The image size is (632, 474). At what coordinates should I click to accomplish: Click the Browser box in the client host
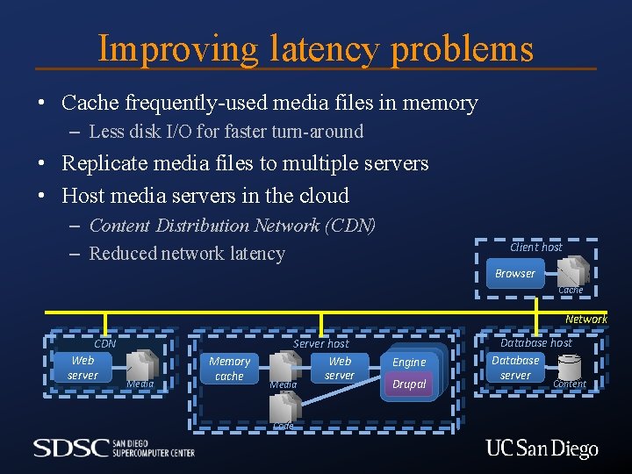point(514,273)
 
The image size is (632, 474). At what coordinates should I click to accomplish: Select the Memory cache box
point(229,368)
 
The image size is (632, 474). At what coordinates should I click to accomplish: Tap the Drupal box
point(409,384)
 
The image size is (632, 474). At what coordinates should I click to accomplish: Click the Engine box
point(409,362)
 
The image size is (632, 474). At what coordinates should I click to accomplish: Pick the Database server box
point(515,367)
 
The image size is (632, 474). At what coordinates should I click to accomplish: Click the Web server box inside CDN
point(83,367)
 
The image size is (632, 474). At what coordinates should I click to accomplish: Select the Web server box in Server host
point(340,368)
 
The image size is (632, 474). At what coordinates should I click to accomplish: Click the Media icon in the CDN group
point(141,364)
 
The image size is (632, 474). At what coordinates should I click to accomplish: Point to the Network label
point(585,320)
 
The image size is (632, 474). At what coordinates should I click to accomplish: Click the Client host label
point(535,248)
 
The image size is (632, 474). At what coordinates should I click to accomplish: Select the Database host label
point(535,343)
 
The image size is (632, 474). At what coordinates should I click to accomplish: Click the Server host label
point(320,344)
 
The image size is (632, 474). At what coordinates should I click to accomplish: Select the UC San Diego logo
point(542,449)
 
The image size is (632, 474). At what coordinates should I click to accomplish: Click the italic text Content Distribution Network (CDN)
point(233,226)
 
